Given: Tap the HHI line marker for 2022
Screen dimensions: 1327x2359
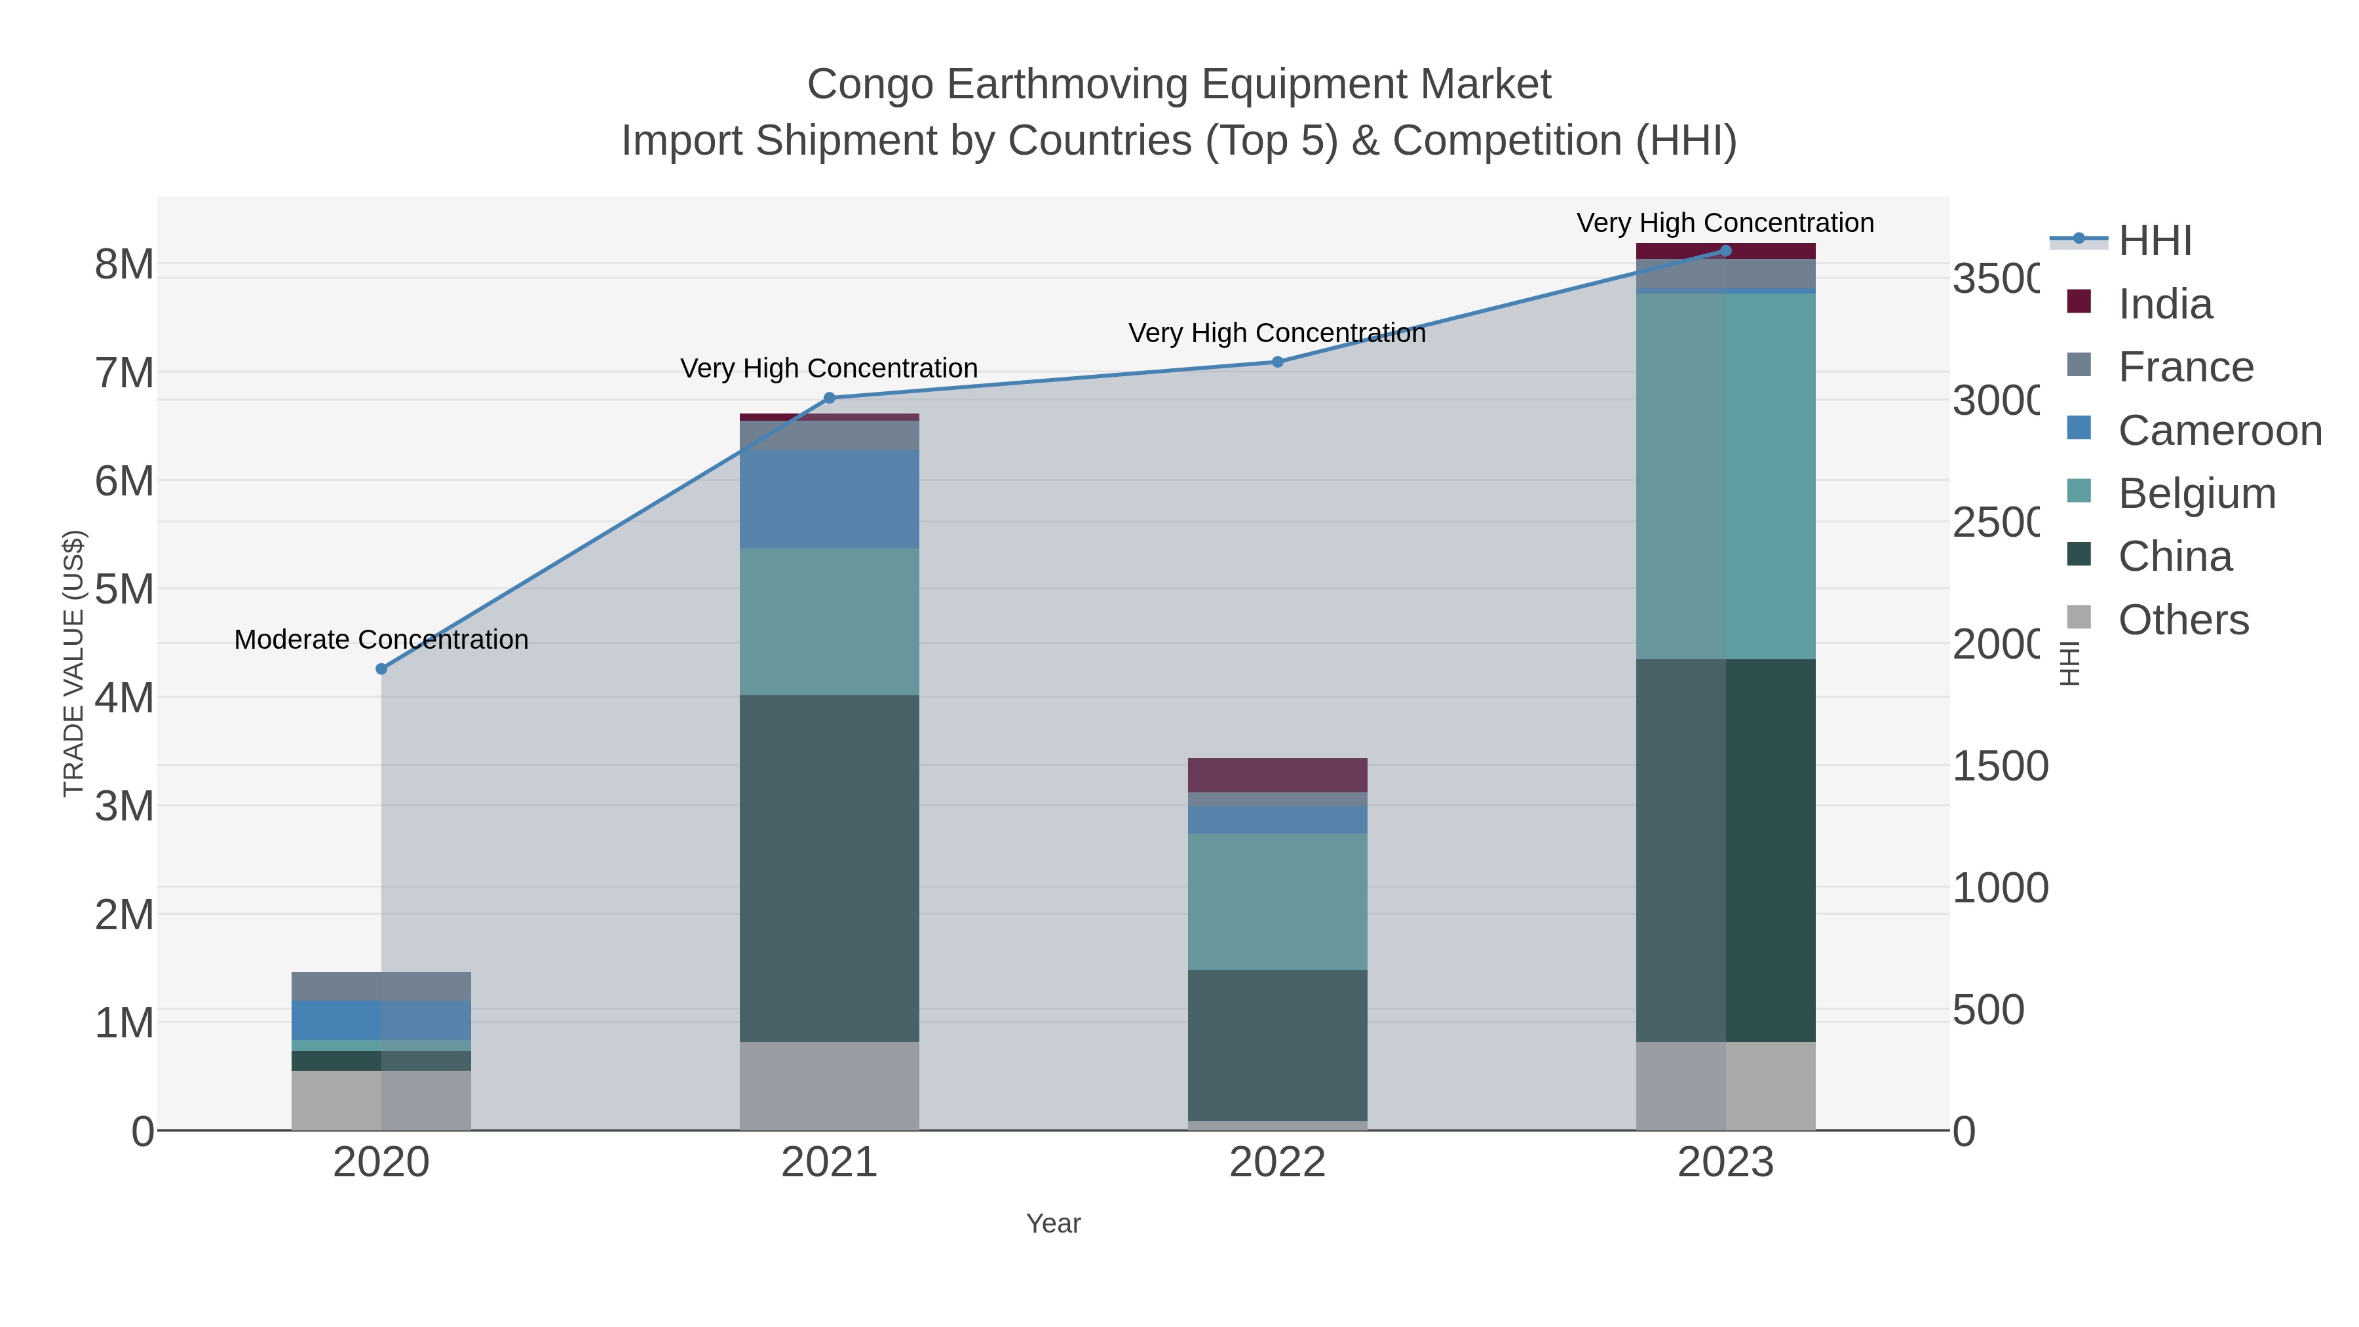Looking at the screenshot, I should pos(1278,362).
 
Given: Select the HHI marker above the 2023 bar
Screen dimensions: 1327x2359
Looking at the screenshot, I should pos(1725,251).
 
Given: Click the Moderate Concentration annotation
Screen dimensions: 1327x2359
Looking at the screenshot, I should pos(381,639).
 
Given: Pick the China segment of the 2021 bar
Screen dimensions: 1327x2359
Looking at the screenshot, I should pos(829,868).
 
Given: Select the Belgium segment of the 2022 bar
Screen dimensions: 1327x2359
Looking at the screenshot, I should pos(1278,901).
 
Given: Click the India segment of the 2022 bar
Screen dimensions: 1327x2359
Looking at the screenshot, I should pos(1278,775).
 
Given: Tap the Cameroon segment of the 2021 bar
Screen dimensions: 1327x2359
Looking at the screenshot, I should pos(829,499).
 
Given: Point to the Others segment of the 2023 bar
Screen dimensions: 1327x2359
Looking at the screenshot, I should pos(1725,1085).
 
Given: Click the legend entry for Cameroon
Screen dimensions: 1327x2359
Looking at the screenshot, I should pos(2220,431).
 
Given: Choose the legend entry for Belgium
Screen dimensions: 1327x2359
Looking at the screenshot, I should pos(2196,493).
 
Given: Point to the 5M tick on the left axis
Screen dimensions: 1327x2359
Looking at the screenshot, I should pos(125,589).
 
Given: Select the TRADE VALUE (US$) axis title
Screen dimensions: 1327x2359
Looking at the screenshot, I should pos(73,663).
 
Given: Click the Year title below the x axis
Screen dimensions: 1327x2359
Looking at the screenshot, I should pos(1053,1223).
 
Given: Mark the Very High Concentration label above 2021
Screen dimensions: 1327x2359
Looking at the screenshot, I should pos(829,368).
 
